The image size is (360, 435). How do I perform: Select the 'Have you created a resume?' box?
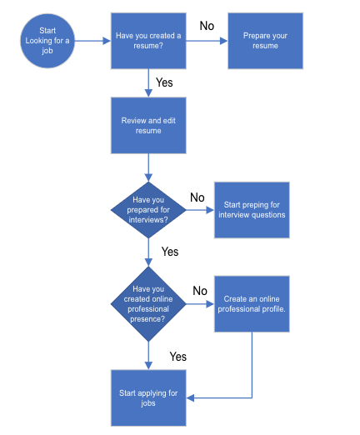pos(148,41)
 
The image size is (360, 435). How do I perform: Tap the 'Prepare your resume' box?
pos(266,41)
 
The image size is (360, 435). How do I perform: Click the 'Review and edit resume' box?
pos(148,125)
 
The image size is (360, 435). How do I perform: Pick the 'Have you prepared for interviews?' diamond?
pos(148,210)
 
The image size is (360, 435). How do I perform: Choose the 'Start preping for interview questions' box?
pos(252,209)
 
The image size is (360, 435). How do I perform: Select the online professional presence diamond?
pos(148,304)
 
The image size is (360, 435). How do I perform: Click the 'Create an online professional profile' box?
pos(252,303)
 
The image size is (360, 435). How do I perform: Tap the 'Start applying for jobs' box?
pos(148,397)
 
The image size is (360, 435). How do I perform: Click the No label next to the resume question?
pos(207,26)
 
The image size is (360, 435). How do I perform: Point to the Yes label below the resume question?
pos(164,83)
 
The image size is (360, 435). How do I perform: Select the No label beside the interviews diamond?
pos(197,197)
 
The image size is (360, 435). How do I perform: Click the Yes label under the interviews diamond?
pos(170,251)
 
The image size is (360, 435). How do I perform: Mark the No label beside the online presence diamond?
pos(200,291)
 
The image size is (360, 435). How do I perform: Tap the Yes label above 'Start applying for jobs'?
pos(177,356)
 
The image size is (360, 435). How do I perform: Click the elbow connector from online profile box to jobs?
pos(251,367)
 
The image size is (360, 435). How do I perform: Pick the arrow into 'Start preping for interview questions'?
pos(200,210)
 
